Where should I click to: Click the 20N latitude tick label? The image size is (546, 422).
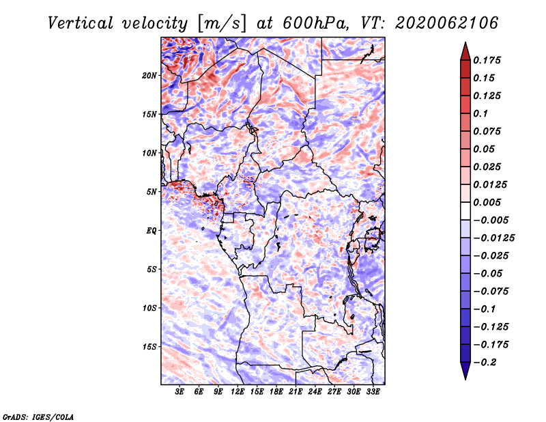coord(149,76)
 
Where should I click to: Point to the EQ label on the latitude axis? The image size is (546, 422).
coord(152,231)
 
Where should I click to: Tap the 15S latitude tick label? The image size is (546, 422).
coord(149,347)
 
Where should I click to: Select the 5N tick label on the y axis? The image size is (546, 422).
coord(152,192)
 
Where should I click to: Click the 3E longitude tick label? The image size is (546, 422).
coord(179,392)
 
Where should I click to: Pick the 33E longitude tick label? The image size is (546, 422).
coord(373,392)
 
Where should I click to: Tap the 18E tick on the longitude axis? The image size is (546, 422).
coord(276,392)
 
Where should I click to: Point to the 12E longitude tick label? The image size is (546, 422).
coord(238,392)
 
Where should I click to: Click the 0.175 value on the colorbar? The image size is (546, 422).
coord(487,60)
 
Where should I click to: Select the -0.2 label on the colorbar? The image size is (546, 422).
coord(485,363)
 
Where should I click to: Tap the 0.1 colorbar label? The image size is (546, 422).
coord(480,113)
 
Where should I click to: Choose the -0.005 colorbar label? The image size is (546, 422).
coord(491,221)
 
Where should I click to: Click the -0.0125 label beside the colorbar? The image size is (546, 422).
coord(493,238)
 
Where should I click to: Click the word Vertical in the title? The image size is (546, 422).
coord(81,23)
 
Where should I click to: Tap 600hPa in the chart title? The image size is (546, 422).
coord(315,23)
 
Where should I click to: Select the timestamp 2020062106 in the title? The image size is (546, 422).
coord(447,23)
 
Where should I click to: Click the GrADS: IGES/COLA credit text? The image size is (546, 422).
coord(38,417)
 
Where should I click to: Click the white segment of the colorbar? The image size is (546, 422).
coord(465,211)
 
